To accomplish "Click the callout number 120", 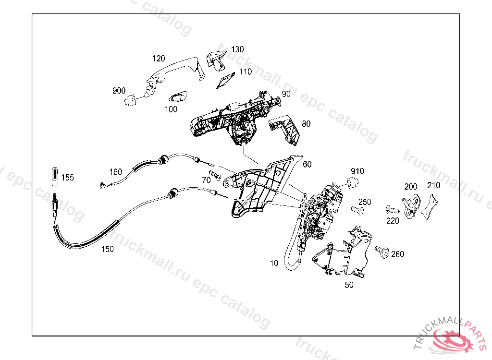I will coord(159,59).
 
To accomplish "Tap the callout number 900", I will coord(119,91).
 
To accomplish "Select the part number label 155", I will coord(68,178).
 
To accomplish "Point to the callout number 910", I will coord(357,171).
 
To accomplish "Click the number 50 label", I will coord(349,285).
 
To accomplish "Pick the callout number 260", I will coord(397,254).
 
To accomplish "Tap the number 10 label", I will coord(274,263).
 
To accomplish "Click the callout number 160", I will coord(116,171).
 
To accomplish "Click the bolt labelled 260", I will coord(382,251).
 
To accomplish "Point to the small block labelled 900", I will coord(129,100).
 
